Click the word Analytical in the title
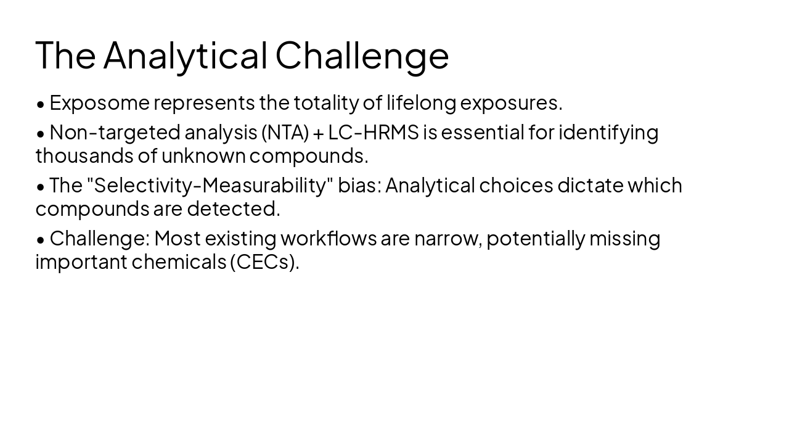point(185,55)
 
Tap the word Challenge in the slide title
point(362,55)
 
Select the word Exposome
point(99,103)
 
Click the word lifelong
point(421,103)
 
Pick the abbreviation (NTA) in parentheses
point(285,133)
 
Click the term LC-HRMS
point(373,133)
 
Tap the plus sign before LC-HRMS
point(318,133)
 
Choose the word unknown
point(203,156)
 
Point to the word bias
point(359,186)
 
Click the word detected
point(234,209)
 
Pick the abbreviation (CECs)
point(264,262)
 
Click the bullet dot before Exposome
point(41,104)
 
